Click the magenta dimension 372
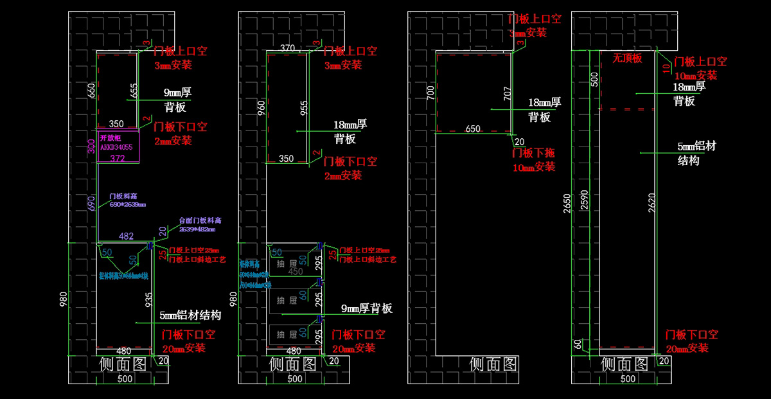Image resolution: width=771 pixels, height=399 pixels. coord(118,158)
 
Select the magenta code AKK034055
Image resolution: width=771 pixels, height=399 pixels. coord(116,147)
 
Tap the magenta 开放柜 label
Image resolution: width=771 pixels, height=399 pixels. coord(111,137)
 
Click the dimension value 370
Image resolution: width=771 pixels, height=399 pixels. coord(288,48)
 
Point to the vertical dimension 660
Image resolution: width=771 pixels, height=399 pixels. coord(91,91)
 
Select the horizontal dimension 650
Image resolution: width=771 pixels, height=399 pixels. coord(472,129)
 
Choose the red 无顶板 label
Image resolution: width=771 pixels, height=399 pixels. coord(626,58)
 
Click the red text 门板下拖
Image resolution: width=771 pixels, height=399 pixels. coord(533,154)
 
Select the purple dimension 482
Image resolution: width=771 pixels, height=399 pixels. coord(127,236)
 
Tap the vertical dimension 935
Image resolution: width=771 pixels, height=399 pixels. coord(149,301)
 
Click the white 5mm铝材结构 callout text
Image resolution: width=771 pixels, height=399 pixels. coord(190,315)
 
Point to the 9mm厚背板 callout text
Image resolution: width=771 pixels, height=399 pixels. coord(366,308)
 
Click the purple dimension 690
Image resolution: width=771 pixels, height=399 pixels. coord(92,202)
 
